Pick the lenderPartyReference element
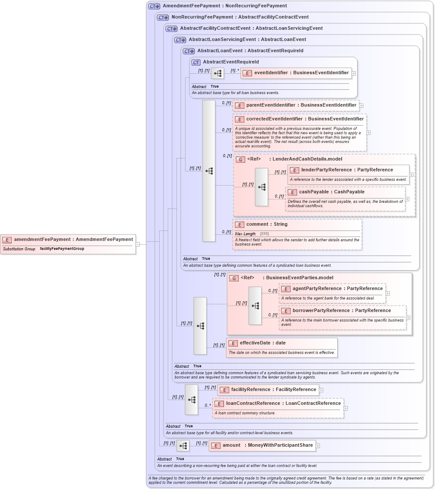[348, 170]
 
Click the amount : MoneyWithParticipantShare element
[262, 445]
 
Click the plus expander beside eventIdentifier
[354, 73]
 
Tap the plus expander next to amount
[318, 446]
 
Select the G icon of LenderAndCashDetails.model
[240, 159]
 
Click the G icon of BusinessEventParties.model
[234, 278]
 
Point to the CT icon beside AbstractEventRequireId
[196, 62]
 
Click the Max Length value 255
[264, 233]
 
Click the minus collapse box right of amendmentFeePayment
[138, 244]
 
